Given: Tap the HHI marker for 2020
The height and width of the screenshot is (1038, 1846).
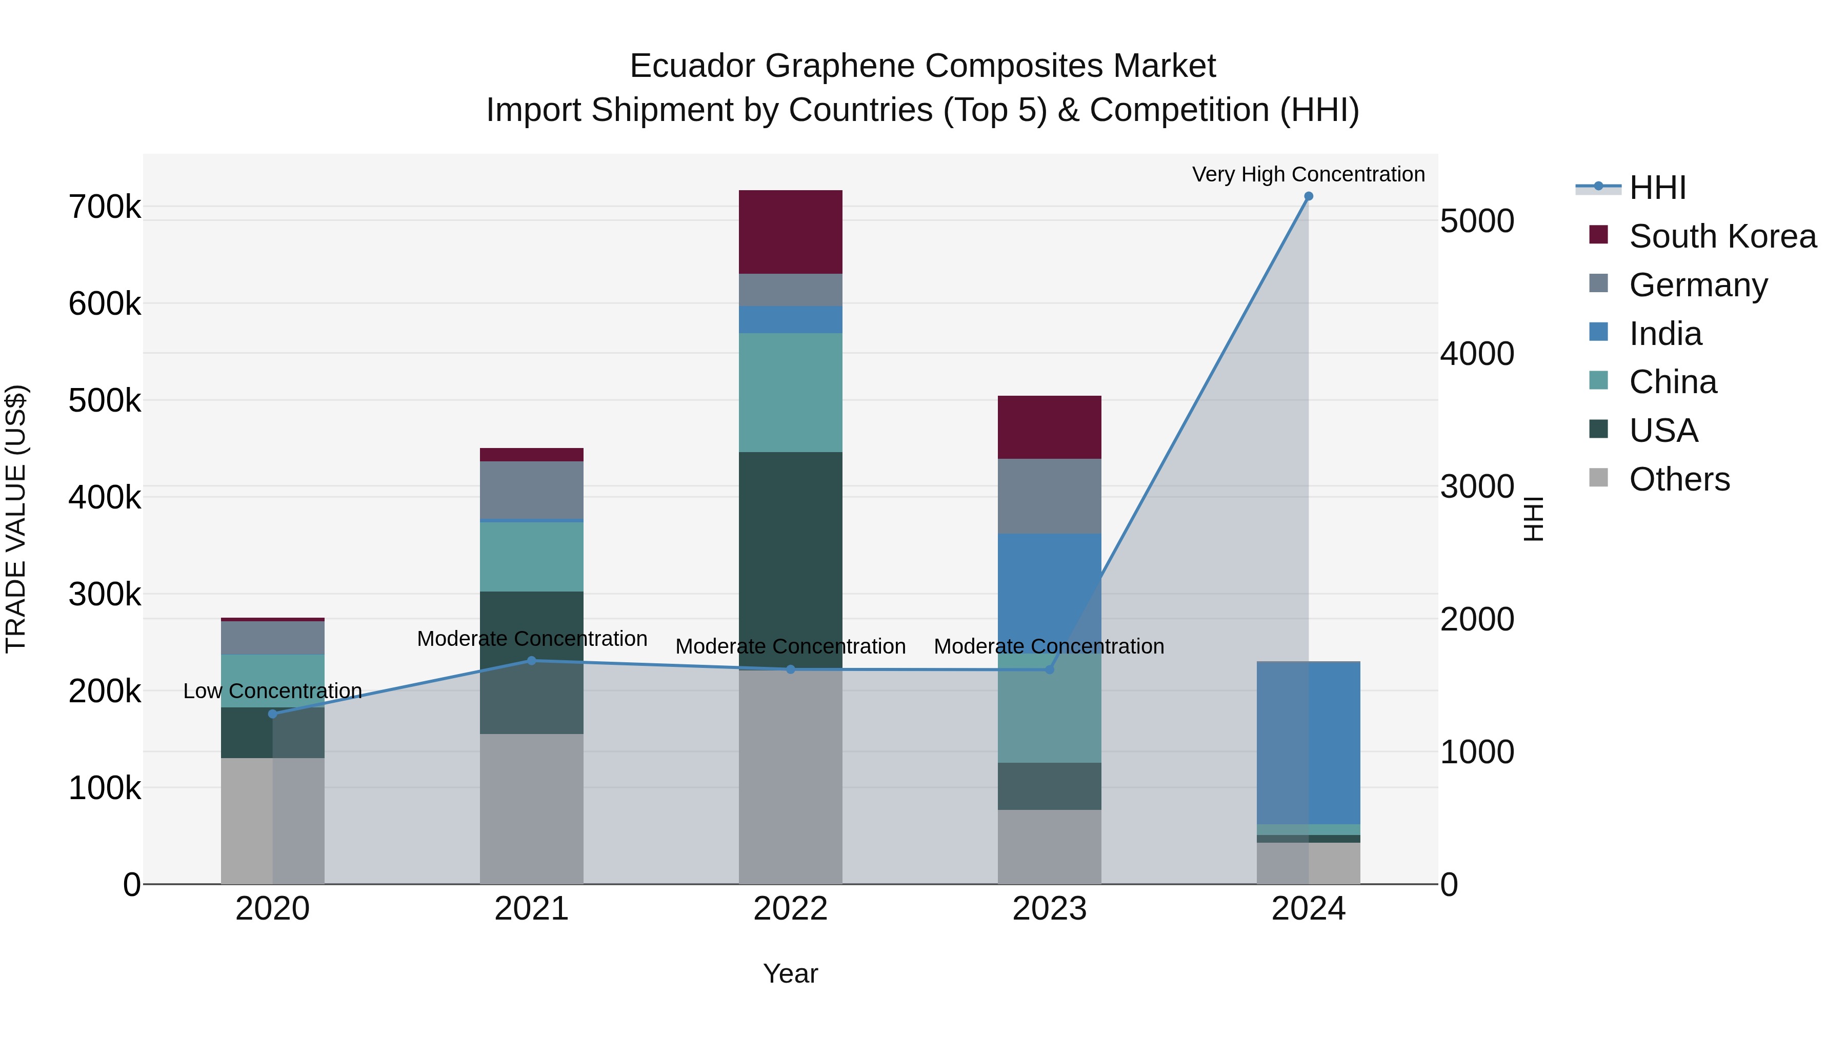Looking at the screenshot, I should point(272,714).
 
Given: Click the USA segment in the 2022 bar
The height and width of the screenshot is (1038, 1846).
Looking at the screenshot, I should point(790,559).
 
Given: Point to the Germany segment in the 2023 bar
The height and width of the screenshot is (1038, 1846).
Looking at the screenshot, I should point(1049,496).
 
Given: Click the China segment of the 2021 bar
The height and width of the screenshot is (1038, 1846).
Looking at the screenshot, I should point(531,557).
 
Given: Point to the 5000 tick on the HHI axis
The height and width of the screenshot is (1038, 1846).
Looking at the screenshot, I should point(1477,221).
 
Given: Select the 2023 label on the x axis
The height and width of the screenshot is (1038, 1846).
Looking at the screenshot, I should point(1049,909).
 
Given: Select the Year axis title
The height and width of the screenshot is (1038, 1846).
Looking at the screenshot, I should point(790,973).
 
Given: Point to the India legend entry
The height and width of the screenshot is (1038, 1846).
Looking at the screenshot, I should point(1664,334).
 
